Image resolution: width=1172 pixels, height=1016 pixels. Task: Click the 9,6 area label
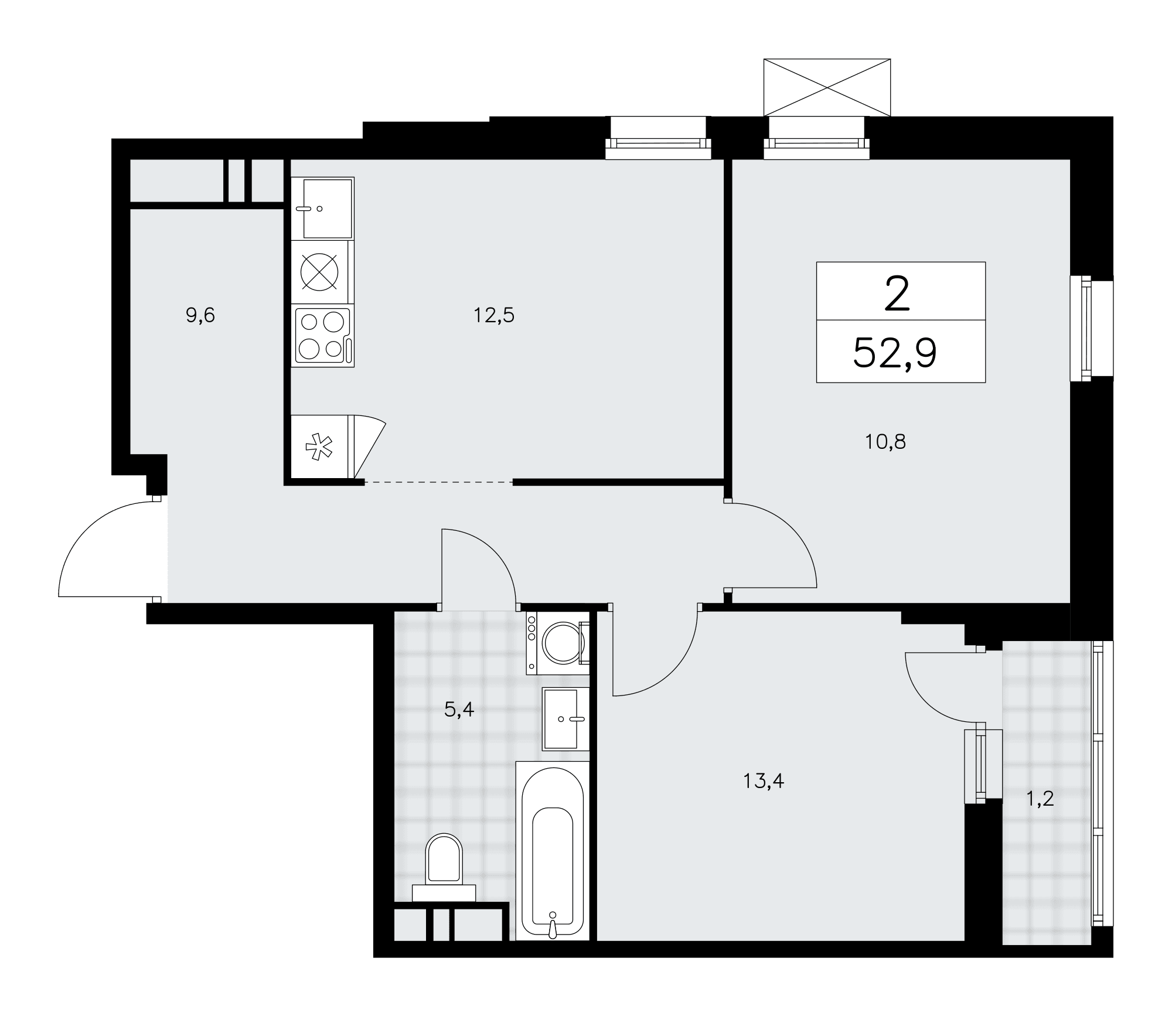(x=200, y=316)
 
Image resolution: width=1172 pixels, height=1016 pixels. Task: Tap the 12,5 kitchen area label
(x=493, y=316)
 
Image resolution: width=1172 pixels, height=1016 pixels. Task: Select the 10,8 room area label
(x=885, y=442)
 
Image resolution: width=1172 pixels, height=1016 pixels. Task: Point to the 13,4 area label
(x=764, y=780)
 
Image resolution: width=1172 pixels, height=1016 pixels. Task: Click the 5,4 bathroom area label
(x=459, y=710)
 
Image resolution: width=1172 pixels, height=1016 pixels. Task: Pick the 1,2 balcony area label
(x=1040, y=798)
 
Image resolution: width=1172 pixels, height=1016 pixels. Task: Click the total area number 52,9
(x=895, y=353)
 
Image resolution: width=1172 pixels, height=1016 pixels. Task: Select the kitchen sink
(x=323, y=209)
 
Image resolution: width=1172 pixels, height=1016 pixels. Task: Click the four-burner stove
(x=323, y=337)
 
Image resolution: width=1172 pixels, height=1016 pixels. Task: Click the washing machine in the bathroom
(x=557, y=643)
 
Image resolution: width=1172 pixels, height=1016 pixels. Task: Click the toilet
(x=444, y=868)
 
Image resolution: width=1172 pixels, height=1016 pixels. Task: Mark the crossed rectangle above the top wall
(x=827, y=87)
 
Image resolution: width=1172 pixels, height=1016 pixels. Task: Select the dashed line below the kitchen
(x=438, y=482)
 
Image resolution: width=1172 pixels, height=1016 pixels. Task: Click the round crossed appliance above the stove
(x=319, y=272)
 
